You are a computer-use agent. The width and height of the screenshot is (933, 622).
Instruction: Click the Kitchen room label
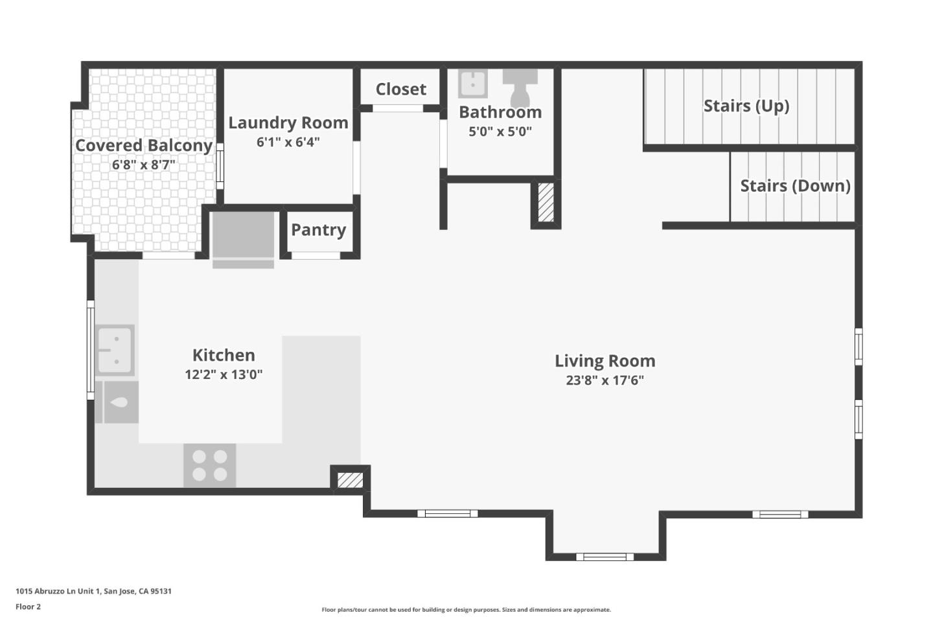pyautogui.click(x=224, y=355)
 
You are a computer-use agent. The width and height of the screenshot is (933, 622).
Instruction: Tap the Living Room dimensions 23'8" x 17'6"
pyautogui.click(x=605, y=380)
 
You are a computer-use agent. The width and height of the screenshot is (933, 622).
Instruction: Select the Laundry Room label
pyautogui.click(x=288, y=122)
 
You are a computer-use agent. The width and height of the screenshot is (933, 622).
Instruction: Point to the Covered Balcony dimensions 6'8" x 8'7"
pyautogui.click(x=143, y=165)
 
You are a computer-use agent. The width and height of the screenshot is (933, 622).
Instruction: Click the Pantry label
pyautogui.click(x=318, y=229)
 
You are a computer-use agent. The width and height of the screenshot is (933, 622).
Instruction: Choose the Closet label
pyautogui.click(x=400, y=89)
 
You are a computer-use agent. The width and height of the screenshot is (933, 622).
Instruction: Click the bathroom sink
pyautogui.click(x=473, y=84)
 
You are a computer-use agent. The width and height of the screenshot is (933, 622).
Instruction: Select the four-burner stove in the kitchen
pyautogui.click(x=209, y=465)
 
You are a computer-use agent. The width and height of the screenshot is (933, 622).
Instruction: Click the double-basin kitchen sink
pyautogui.click(x=115, y=350)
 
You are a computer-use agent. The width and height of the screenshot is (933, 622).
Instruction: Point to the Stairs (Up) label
pyautogui.click(x=746, y=106)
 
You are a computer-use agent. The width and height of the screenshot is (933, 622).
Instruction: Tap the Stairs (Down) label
pyautogui.click(x=795, y=186)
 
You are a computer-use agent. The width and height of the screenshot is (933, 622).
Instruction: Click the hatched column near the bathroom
pyautogui.click(x=546, y=203)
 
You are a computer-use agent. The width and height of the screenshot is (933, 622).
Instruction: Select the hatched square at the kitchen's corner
pyautogui.click(x=350, y=479)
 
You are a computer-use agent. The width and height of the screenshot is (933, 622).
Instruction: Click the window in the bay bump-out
pyautogui.click(x=605, y=557)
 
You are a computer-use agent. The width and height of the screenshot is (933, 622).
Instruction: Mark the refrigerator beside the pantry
pyautogui.click(x=243, y=237)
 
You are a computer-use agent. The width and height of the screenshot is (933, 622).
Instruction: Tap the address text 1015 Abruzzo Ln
pyautogui.click(x=93, y=591)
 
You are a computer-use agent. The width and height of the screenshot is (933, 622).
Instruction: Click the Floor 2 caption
pyautogui.click(x=28, y=607)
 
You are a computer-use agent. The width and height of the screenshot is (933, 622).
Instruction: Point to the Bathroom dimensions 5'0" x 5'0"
pyautogui.click(x=500, y=132)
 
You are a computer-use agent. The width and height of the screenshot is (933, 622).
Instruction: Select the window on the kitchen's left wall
pyautogui.click(x=91, y=350)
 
